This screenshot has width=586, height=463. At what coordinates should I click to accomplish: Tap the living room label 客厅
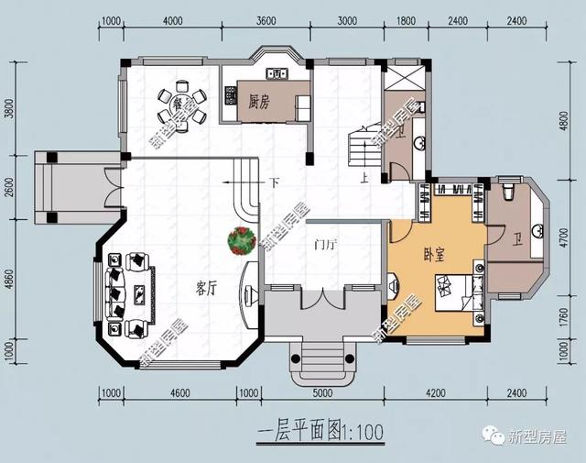pos(205,288)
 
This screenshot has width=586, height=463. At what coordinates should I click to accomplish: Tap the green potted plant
pos(242,240)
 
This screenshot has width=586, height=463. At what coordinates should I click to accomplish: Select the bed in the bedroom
pos(459,291)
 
